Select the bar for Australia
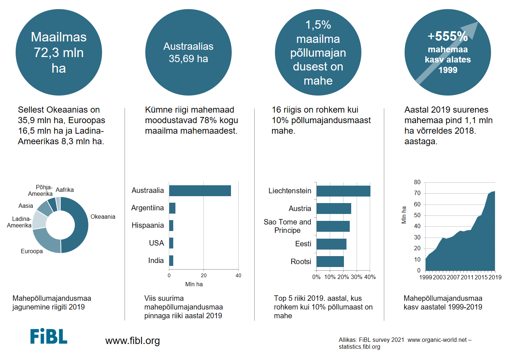200,191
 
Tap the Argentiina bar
172,208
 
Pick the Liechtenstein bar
343,191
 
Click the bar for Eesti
331,244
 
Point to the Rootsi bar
330,262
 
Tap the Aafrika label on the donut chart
65,190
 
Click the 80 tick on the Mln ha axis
417,182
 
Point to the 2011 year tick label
467,277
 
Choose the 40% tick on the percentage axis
370,277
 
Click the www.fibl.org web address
133,341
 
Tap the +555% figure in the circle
447,36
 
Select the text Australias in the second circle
188,46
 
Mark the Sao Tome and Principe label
287,226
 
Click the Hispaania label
147,225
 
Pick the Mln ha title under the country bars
194,284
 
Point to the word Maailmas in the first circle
59,37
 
